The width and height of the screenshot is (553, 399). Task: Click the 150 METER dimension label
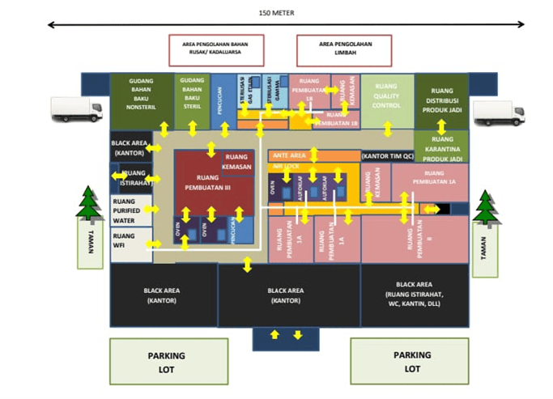tap(276, 13)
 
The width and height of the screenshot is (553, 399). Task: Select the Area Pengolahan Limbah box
tap(343, 49)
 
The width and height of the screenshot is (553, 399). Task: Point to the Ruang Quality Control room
tap(386, 98)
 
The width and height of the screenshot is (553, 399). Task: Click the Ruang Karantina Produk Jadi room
tap(441, 148)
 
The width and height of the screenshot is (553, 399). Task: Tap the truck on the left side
tap(77, 109)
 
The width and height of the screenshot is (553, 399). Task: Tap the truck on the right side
tap(499, 113)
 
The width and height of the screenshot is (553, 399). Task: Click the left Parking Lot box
tap(166, 361)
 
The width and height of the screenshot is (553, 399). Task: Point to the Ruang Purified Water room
tap(130, 210)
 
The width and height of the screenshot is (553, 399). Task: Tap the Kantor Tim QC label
tap(387, 155)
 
